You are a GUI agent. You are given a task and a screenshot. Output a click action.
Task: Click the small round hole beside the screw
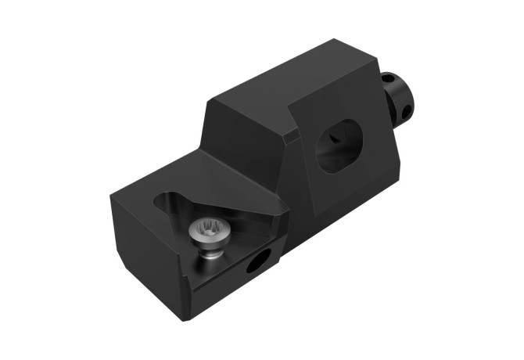(255, 263)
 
